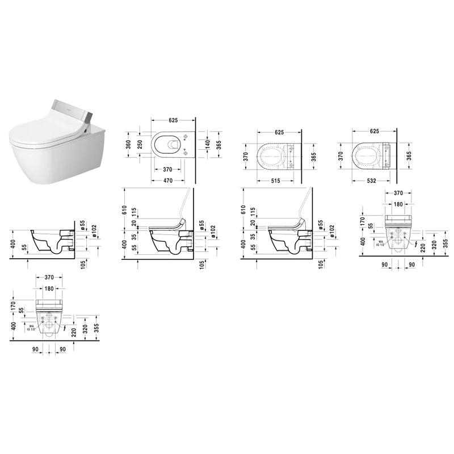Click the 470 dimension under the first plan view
[x=164, y=180]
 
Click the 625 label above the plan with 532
[x=374, y=131]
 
